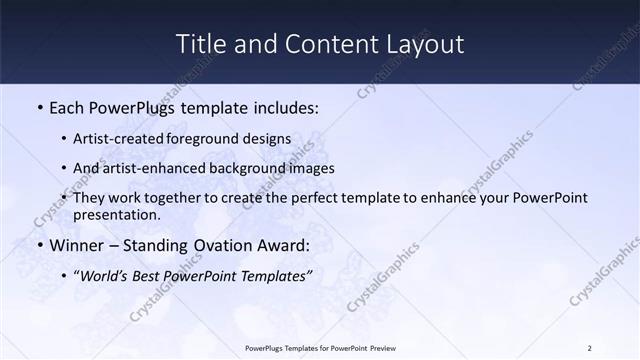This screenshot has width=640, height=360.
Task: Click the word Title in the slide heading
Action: click(200, 44)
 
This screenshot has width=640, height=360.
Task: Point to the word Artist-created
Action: click(128, 138)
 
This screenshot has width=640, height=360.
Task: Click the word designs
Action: click(269, 138)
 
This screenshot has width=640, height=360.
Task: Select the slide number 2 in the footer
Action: click(589, 348)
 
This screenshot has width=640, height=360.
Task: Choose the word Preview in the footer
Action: click(381, 348)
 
